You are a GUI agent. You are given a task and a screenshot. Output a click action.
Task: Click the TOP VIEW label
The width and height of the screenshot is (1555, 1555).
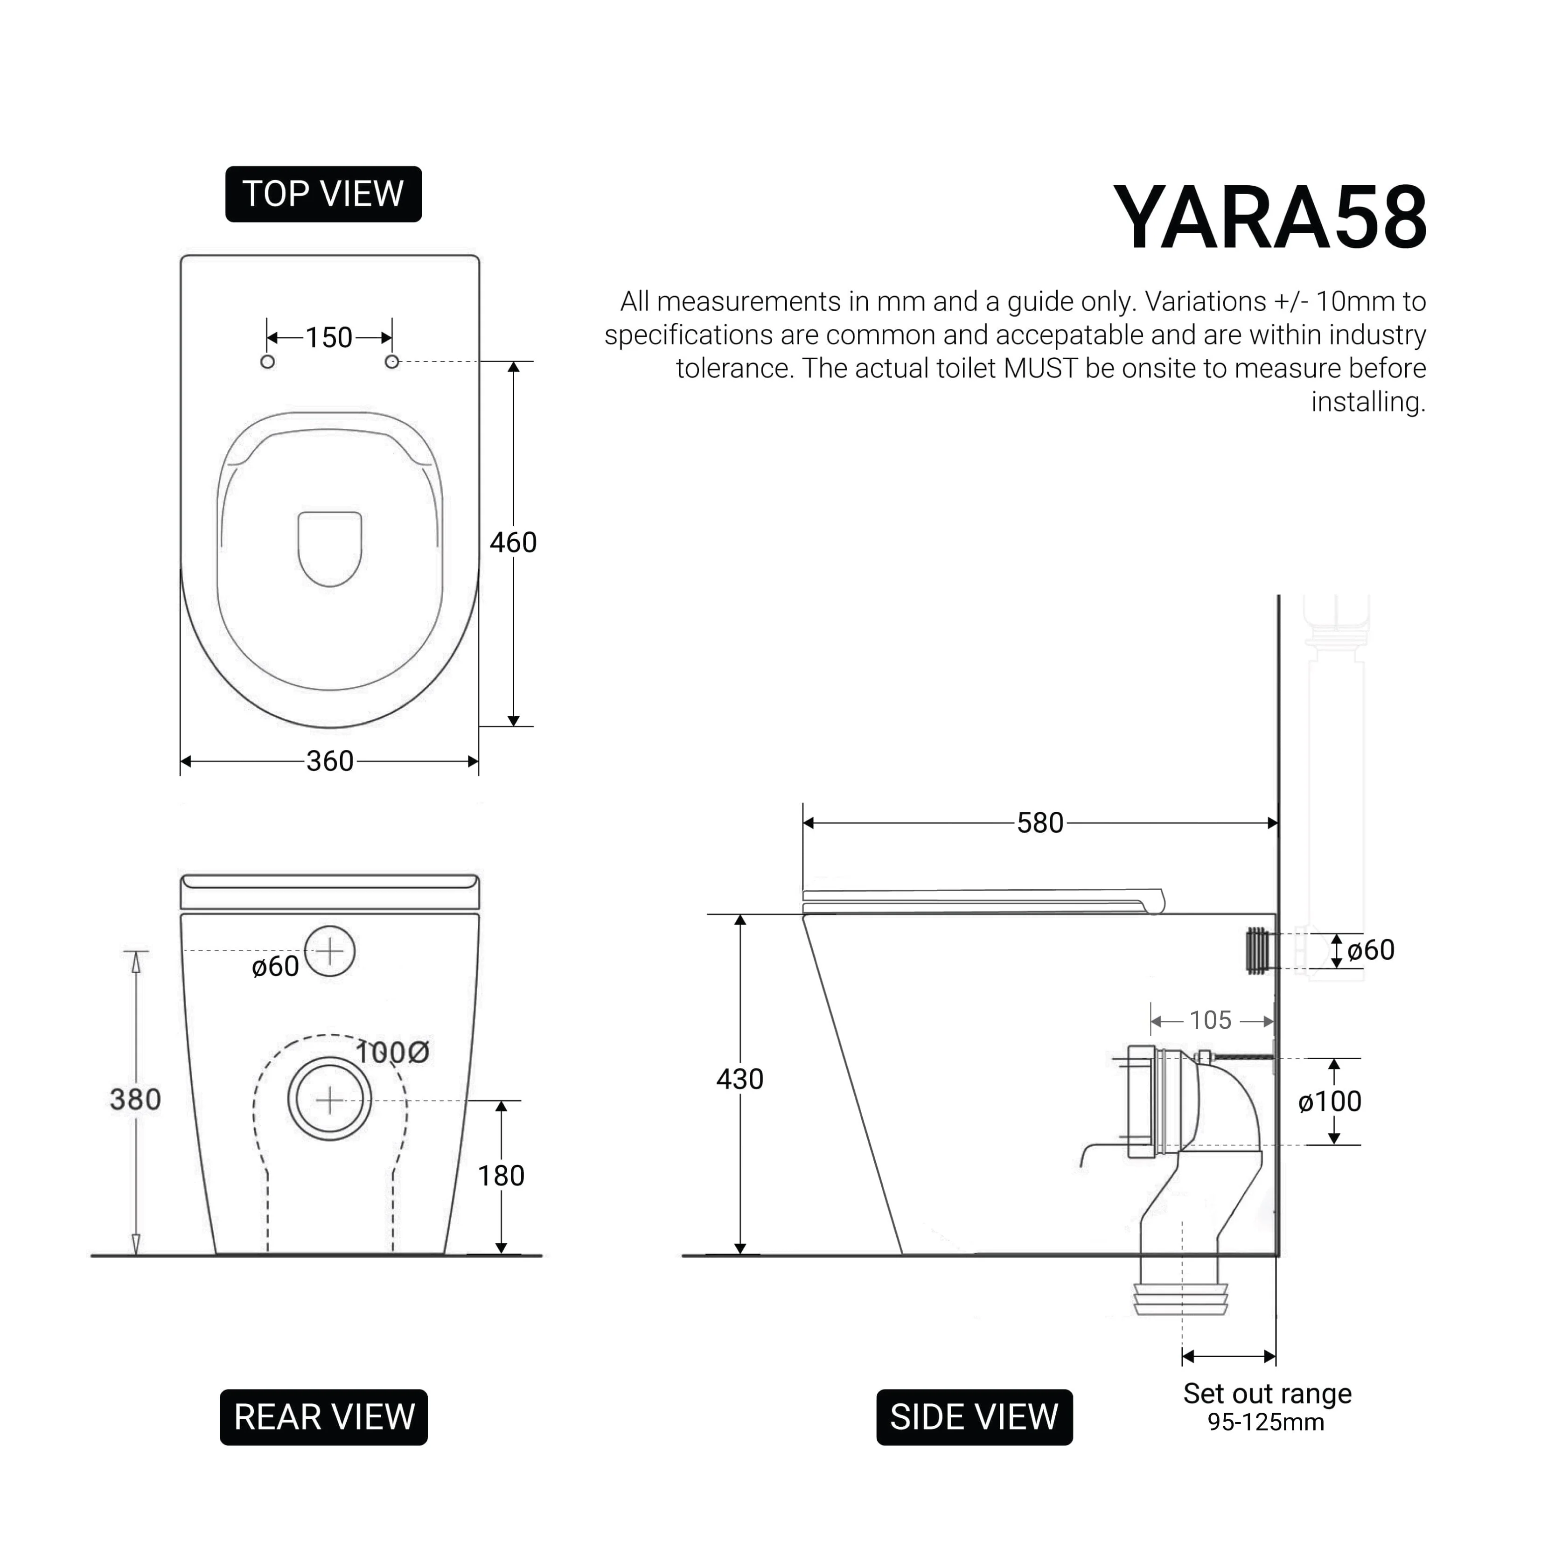click(324, 195)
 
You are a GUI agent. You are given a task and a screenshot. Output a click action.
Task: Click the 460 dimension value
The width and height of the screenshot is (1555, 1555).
click(513, 543)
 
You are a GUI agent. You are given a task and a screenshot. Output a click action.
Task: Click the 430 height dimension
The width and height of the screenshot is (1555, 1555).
click(739, 1079)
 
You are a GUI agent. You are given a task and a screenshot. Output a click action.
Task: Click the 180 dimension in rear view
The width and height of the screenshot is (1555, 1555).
click(501, 1176)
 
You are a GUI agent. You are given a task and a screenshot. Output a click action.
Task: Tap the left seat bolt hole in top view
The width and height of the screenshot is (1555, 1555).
click(268, 362)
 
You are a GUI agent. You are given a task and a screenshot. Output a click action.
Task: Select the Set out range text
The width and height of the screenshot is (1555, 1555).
click(1267, 1393)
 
